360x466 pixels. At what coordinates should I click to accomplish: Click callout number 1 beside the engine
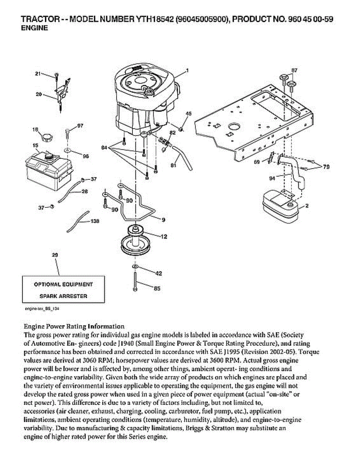[187, 71]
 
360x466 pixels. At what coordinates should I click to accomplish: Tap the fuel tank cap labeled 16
[47, 137]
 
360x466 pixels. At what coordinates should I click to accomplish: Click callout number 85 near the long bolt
[157, 289]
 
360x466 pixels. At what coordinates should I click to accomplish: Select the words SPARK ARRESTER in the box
[63, 296]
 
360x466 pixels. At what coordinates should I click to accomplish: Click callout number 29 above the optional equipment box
[55, 255]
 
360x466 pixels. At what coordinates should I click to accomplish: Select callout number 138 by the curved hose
[94, 221]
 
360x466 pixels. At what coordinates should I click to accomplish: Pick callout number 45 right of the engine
[188, 114]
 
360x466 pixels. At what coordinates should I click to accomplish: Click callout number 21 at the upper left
[38, 73]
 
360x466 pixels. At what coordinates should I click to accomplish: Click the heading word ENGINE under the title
[34, 28]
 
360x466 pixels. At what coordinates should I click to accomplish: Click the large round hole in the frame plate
[234, 127]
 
